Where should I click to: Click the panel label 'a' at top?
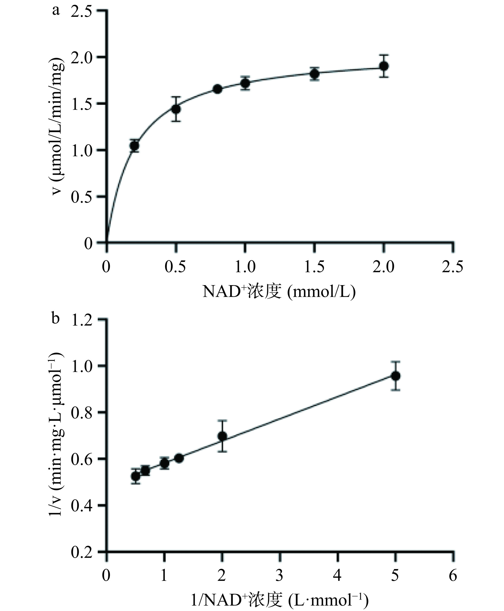point(56,11)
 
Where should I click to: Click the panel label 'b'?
point(56,318)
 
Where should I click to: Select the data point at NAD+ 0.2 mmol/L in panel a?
point(134,146)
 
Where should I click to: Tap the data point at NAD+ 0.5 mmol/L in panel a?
point(176,109)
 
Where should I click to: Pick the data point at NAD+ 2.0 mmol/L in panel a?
point(384,66)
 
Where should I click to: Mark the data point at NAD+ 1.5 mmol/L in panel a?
point(314,74)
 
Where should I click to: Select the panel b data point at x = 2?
point(222,436)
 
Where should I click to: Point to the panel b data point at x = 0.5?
point(135,476)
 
